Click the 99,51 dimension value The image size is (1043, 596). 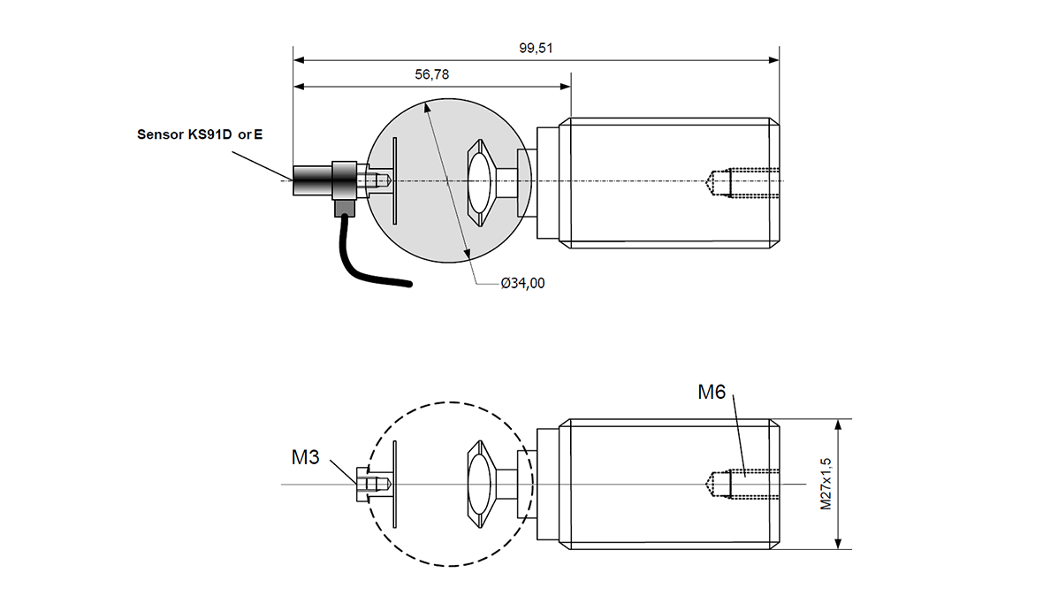[x=536, y=49]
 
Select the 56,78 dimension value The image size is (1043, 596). [x=431, y=75]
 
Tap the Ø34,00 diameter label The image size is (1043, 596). [x=522, y=283]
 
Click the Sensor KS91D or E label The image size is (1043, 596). [x=200, y=135]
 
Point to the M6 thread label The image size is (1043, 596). [x=712, y=392]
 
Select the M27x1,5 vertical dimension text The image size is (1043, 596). [x=826, y=484]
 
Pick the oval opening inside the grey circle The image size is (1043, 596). [x=481, y=180]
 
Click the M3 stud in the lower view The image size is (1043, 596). [x=371, y=485]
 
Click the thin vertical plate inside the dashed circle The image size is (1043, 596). [x=395, y=484]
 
